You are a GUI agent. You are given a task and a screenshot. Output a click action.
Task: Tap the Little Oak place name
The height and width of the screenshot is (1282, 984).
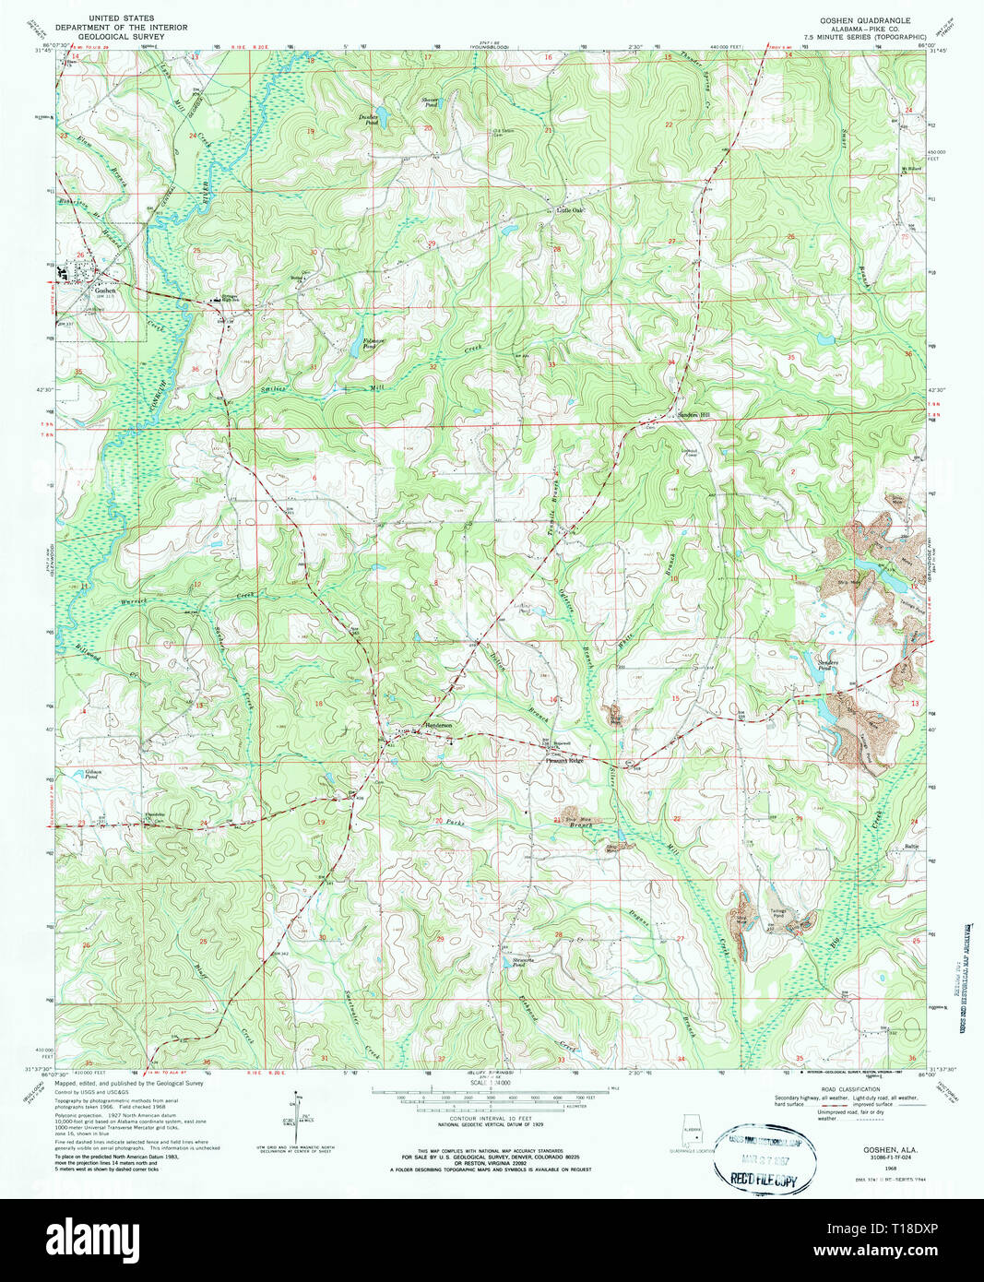click(570, 210)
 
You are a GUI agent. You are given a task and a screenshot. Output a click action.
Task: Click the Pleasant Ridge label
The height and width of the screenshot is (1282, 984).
click(563, 761)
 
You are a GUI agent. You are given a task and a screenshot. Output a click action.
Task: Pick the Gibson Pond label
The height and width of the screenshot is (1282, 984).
click(91, 775)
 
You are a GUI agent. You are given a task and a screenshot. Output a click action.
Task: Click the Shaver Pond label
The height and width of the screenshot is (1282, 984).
click(429, 102)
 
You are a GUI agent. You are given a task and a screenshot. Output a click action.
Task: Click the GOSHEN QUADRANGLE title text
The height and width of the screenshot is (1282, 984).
click(858, 19)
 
